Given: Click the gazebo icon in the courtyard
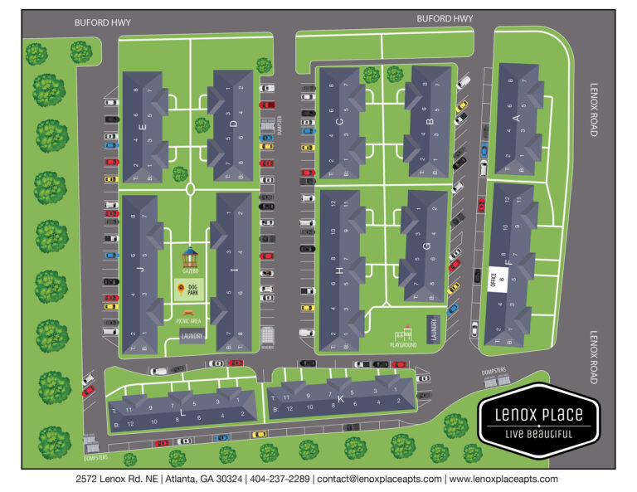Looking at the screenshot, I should point(191,254).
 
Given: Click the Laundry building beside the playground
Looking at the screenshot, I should point(432,328).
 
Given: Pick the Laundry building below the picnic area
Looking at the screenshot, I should point(192,334).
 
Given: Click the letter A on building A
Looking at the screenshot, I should point(517,119).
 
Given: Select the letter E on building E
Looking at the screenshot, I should point(144,127).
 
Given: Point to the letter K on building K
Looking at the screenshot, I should point(341,397).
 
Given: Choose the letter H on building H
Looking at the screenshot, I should point(339,271).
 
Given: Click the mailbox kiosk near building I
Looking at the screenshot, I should point(267,336).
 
